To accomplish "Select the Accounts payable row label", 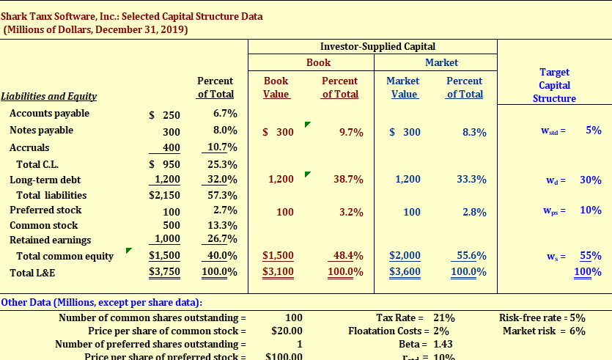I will tap(49, 114).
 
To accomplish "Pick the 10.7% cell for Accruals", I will tap(223, 147).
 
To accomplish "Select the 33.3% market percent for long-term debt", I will tap(471, 180).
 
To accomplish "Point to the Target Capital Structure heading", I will tap(554, 85).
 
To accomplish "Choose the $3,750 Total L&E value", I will tap(164, 273).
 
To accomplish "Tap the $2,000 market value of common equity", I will tap(405, 256).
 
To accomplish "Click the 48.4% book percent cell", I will tap(347, 256).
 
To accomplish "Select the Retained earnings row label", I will tap(51, 240).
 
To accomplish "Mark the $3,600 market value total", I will tap(405, 272).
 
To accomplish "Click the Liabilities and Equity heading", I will tap(49, 97).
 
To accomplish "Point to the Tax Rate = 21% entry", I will tap(415, 318).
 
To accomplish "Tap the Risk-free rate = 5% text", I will tap(542, 318).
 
